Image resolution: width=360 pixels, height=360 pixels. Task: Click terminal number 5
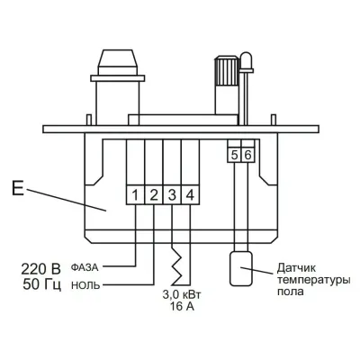234,155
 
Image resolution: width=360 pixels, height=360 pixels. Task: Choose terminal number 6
249,155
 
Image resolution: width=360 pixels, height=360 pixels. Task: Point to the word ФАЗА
94,267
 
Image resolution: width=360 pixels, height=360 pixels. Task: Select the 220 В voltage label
40,267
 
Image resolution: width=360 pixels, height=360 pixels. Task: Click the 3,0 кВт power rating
180,294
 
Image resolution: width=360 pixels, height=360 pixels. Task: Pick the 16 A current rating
180,307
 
